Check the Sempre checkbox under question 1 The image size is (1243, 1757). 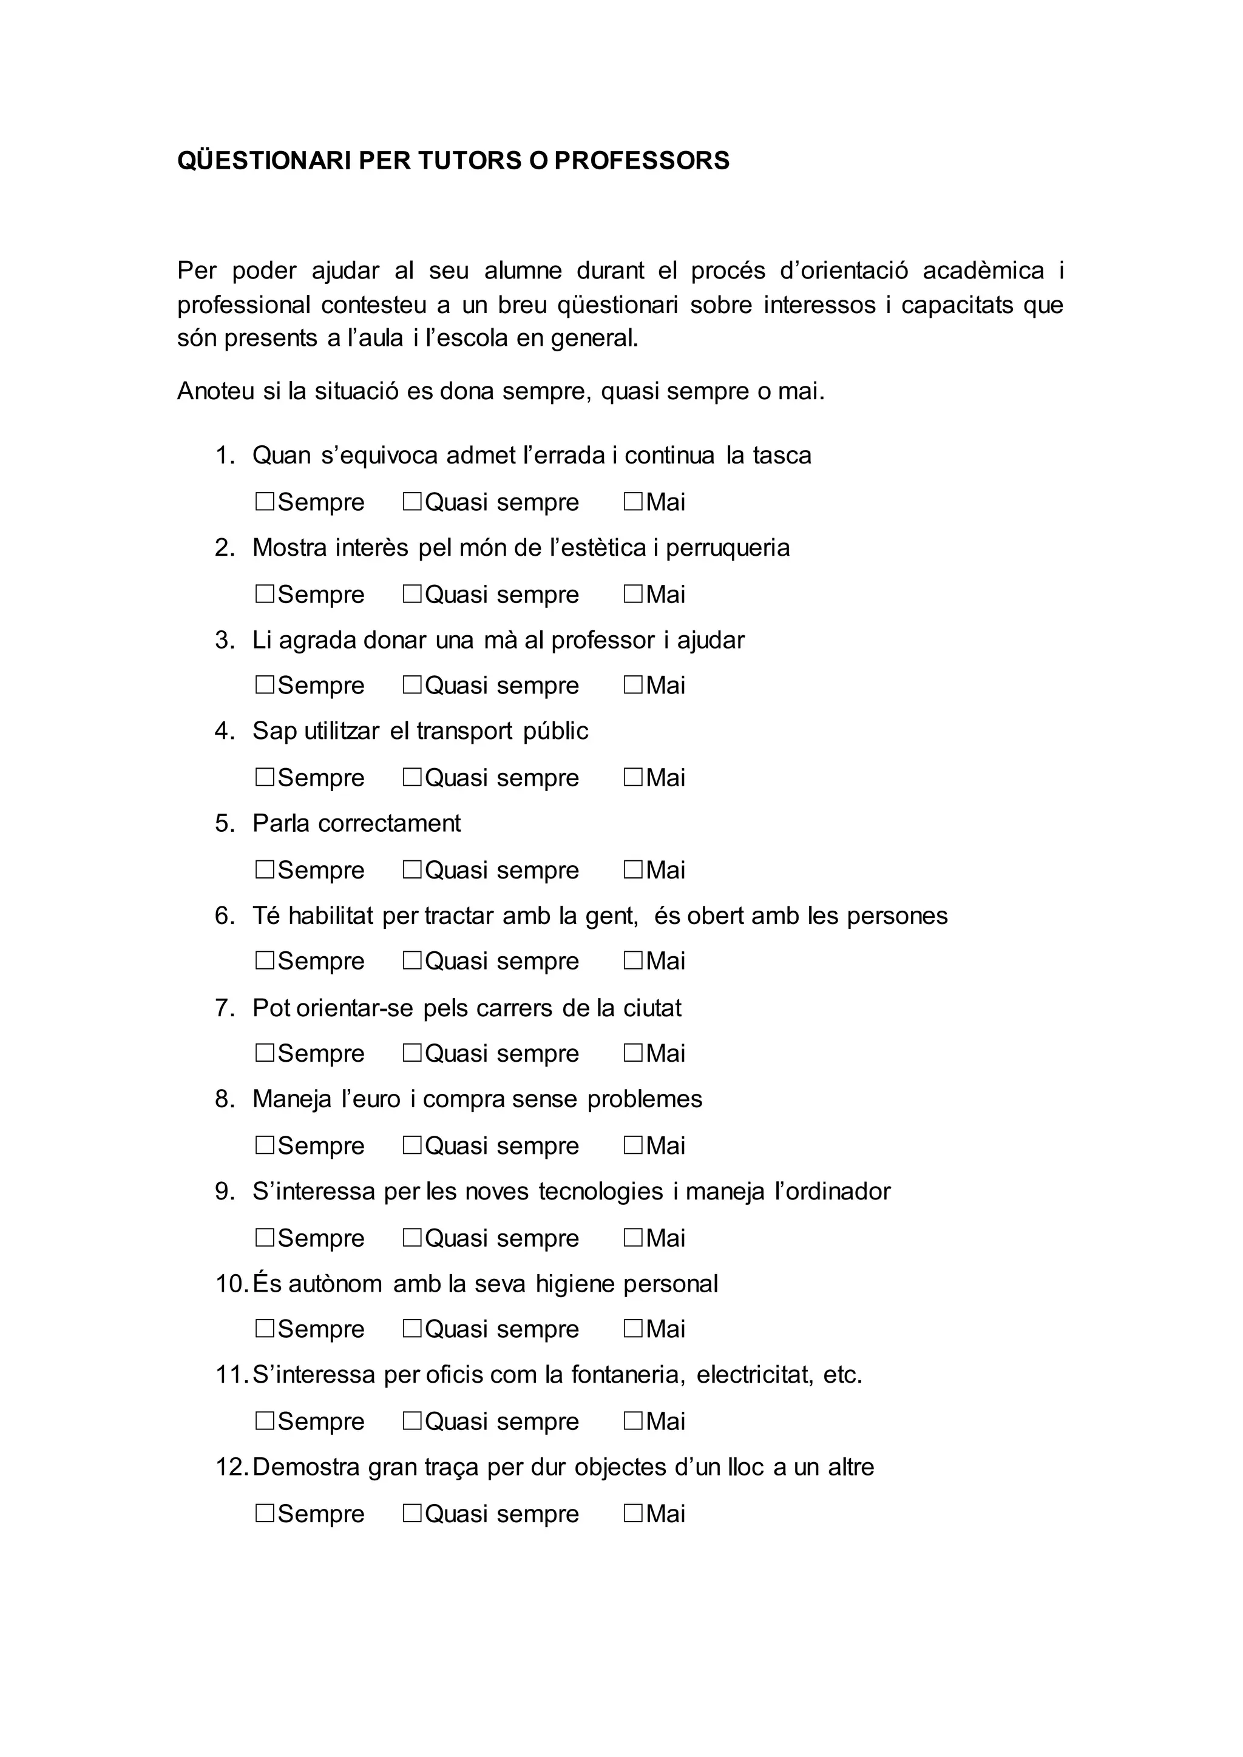(x=265, y=502)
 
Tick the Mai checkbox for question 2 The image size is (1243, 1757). (x=633, y=594)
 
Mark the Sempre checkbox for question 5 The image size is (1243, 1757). (x=265, y=869)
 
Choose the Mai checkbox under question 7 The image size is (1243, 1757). (x=633, y=1053)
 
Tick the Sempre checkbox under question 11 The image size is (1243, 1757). (x=265, y=1421)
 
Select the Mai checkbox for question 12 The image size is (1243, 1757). (x=633, y=1513)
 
